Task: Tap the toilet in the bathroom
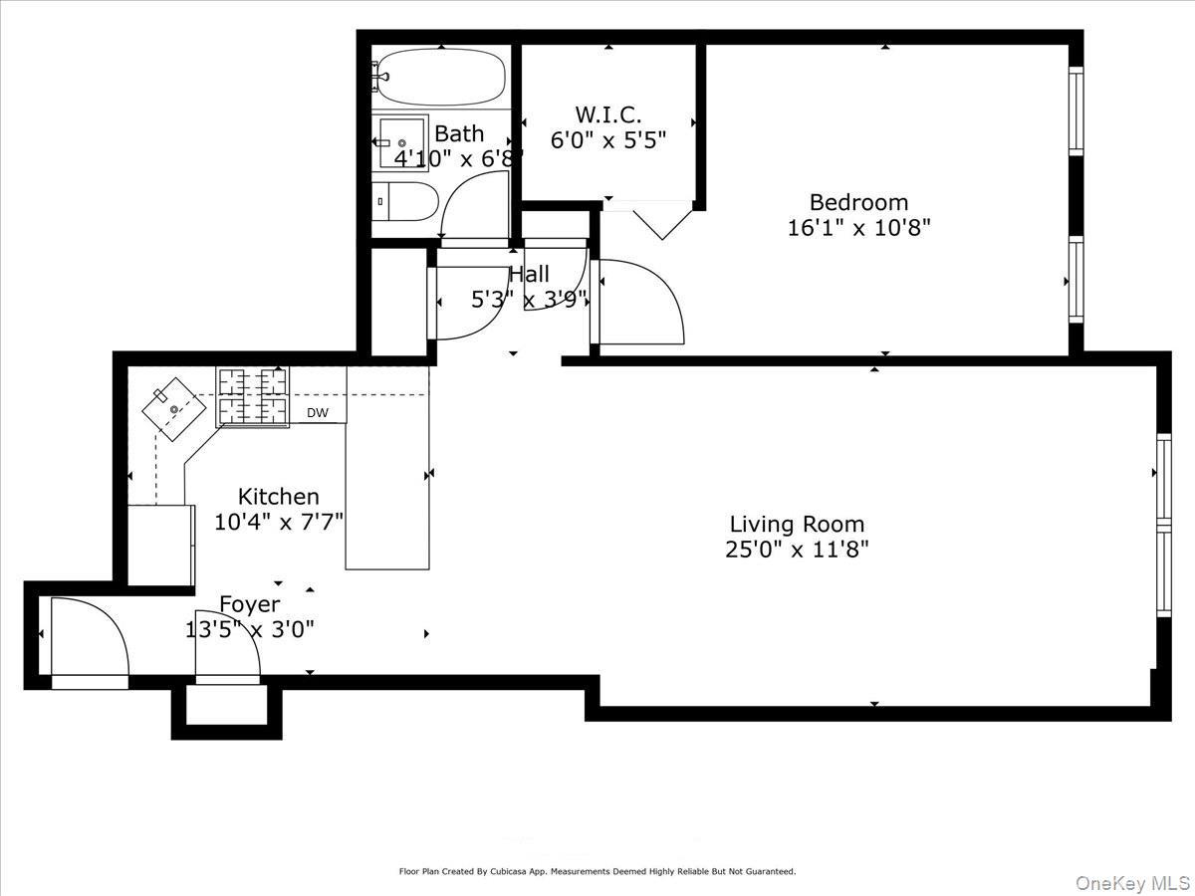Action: pyautogui.click(x=405, y=202)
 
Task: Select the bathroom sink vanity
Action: pyautogui.click(x=399, y=143)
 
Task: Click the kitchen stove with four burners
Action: pyautogui.click(x=253, y=396)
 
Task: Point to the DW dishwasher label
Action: pyautogui.click(x=317, y=412)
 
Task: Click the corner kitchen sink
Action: pyautogui.click(x=171, y=408)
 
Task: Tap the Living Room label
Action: pyautogui.click(x=797, y=524)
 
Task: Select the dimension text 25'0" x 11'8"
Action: pyautogui.click(x=797, y=550)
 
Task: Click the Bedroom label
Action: pyautogui.click(x=858, y=202)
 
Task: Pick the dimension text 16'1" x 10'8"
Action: pyautogui.click(x=858, y=228)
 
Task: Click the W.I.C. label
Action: pyautogui.click(x=607, y=113)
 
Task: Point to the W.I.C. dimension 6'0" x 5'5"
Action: pyautogui.click(x=607, y=139)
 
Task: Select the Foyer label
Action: pyautogui.click(x=249, y=604)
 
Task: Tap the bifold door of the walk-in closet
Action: pyautogui.click(x=649, y=219)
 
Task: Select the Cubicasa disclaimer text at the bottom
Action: pyautogui.click(x=597, y=871)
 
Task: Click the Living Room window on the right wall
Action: pyautogui.click(x=1162, y=525)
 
